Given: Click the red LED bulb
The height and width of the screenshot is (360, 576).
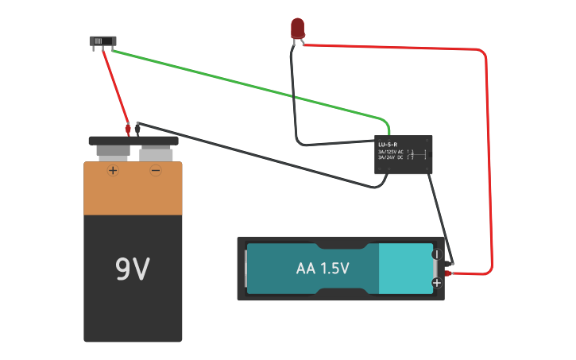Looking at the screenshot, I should [297, 28].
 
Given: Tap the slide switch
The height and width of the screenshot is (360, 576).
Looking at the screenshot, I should [102, 42].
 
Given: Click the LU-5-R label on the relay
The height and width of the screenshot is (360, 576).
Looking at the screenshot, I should [387, 145].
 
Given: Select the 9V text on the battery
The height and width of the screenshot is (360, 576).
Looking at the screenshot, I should [133, 270].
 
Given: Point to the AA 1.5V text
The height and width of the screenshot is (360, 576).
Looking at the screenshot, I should [323, 269].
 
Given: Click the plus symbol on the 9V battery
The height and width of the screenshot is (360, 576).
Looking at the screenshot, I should [113, 170].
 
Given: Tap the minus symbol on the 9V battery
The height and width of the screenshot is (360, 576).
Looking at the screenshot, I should [156, 170].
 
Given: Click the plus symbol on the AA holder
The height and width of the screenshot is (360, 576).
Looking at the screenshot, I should [436, 283].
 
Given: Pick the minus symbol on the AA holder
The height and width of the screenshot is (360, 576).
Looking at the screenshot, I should [436, 255].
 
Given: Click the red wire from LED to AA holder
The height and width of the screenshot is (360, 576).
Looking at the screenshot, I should [486, 159].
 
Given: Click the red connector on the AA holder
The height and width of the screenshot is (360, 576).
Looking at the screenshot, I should [448, 273].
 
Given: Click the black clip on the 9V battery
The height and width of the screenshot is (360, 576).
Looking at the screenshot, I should [138, 126].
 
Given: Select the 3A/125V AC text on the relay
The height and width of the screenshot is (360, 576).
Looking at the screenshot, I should [391, 152].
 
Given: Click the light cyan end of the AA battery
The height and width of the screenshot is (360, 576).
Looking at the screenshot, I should [405, 269].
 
